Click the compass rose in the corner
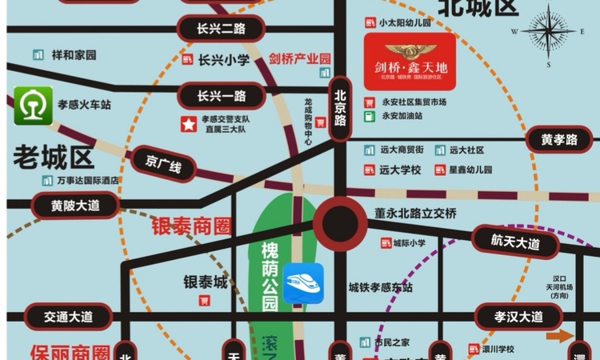pos(549,31)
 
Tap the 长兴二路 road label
pos(221,29)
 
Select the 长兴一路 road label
pos(221,96)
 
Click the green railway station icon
pos(34,106)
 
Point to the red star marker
pos(188,124)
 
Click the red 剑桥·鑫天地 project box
pos(410,62)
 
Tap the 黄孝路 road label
pos(559,140)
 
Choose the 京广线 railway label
pos(164,163)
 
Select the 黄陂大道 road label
pos(75,205)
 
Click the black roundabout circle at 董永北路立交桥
pos(339,221)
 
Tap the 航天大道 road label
pos(516,240)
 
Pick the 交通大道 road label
pos(67,316)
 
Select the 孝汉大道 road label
pos(518,316)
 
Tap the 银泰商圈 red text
pos(191,226)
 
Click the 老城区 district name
pos(54,157)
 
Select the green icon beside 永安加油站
pos(370,116)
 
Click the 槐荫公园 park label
pos(270,276)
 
